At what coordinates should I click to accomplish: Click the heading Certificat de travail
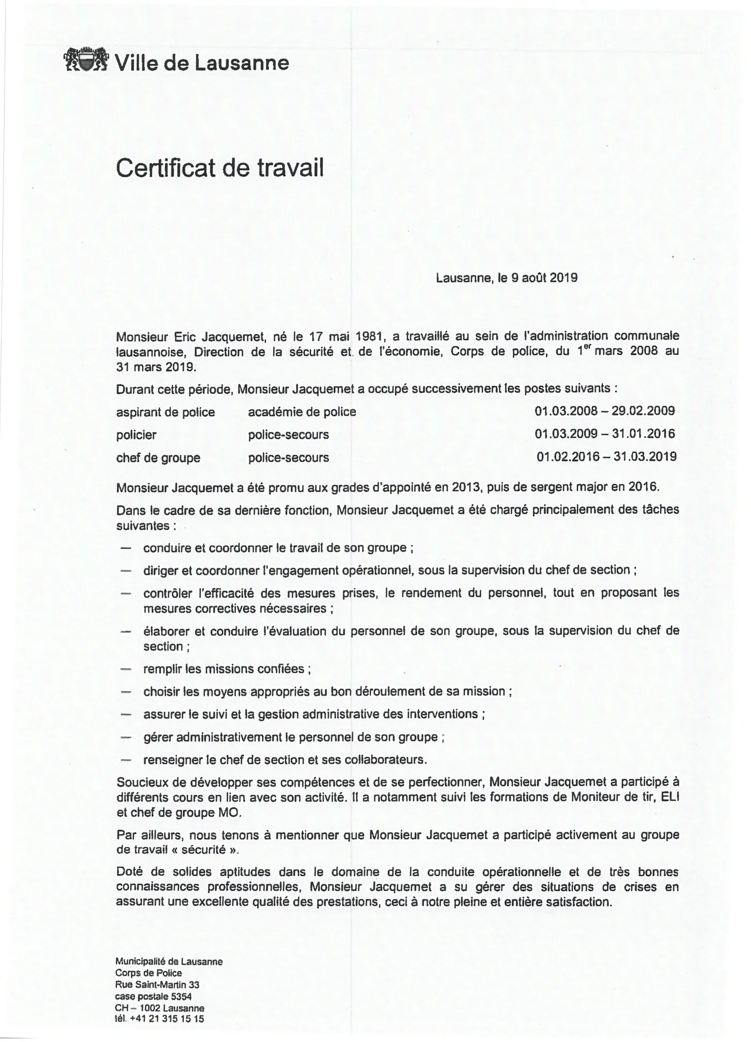(x=220, y=168)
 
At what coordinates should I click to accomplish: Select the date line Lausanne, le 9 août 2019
(x=506, y=278)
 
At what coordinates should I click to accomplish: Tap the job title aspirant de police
(x=165, y=412)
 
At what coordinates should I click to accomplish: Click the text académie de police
(x=302, y=412)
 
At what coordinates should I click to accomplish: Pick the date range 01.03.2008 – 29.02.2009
(x=605, y=411)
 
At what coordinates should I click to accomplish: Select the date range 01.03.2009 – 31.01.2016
(x=605, y=434)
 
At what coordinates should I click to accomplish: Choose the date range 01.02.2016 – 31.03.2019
(x=606, y=457)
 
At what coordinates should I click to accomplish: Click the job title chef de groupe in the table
(x=158, y=458)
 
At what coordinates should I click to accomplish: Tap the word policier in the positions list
(x=136, y=435)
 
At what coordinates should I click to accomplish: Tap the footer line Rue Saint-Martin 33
(x=157, y=985)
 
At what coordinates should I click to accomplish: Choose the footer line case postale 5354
(x=153, y=996)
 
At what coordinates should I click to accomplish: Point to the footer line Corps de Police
(x=149, y=973)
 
